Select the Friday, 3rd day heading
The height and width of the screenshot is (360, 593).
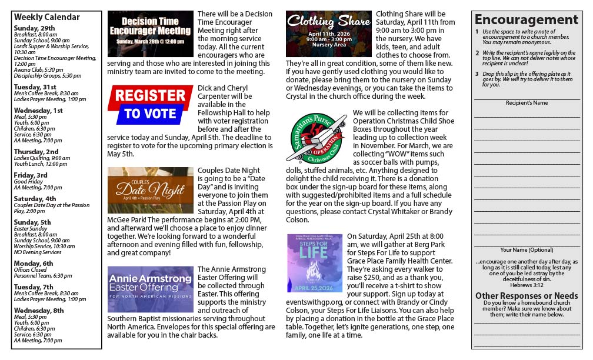click(31, 175)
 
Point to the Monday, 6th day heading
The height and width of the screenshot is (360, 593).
click(34, 263)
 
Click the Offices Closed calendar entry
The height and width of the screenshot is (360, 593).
click(32, 269)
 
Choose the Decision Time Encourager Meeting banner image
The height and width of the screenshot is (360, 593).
click(150, 34)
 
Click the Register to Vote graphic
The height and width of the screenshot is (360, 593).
click(150, 105)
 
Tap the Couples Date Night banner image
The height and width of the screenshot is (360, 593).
click(150, 189)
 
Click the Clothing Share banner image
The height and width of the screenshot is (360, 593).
click(328, 33)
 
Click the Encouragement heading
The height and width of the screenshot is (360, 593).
click(526, 20)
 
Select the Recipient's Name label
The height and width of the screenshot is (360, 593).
click(527, 103)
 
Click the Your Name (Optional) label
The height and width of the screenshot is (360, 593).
click(527, 250)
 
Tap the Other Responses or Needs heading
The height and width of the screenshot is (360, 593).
click(527, 295)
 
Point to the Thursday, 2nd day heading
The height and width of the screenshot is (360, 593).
click(36, 151)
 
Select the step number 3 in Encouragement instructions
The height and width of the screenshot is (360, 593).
click(477, 74)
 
